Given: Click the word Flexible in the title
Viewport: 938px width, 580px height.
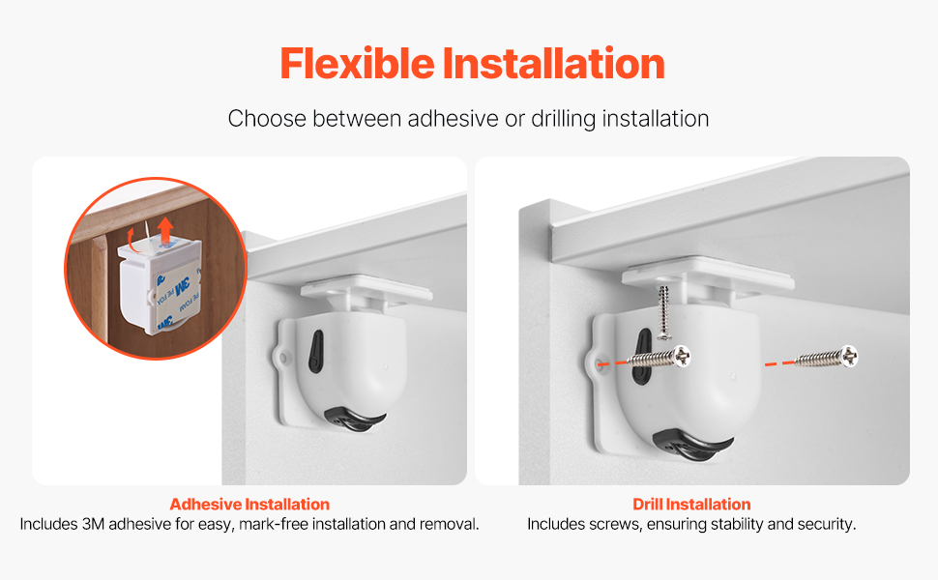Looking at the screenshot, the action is pos(357,64).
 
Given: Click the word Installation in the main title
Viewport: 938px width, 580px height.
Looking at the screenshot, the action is pos(554,64).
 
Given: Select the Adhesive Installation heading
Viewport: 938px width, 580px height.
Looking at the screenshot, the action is pos(249,504).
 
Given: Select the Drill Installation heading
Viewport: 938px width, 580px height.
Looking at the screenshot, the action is pos(691,504).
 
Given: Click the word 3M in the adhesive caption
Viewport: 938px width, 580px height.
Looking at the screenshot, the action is pos(93,524).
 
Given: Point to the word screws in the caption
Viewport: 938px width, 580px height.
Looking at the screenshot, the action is pos(609,524).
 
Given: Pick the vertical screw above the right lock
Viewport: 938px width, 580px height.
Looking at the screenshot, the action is pos(663,312).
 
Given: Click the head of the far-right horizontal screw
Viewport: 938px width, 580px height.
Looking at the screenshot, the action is pos(848,357).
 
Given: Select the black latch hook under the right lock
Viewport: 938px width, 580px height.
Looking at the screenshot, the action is pos(691,445).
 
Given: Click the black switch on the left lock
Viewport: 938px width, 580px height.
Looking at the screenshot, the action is pos(315,352).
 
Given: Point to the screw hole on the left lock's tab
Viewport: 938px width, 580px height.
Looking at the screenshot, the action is pos(283,358).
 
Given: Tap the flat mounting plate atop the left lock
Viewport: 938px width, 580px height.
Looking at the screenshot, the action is pos(366,288).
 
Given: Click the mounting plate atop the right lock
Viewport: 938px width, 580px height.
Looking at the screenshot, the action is pos(708,275).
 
